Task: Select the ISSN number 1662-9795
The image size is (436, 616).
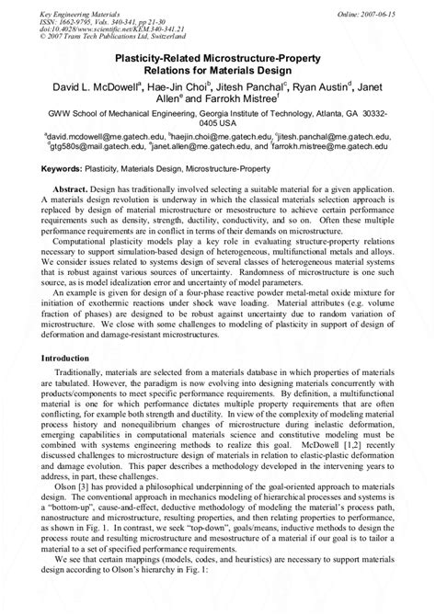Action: tap(86, 15)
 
